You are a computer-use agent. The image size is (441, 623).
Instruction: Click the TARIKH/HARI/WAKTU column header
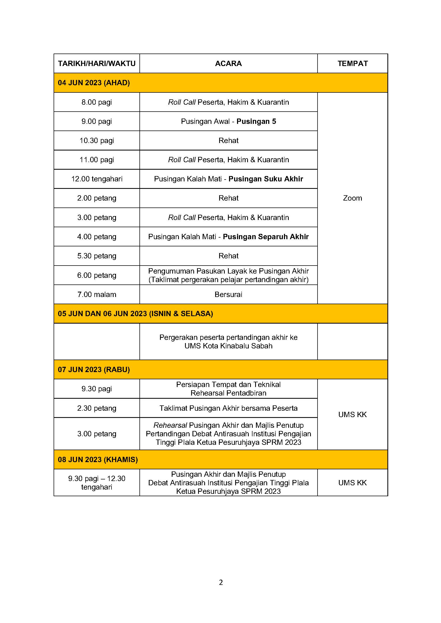click(97, 63)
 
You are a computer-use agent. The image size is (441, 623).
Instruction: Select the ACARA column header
click(228, 63)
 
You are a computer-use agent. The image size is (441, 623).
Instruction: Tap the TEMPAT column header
click(352, 63)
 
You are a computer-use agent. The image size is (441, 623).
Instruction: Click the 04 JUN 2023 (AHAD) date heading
click(94, 83)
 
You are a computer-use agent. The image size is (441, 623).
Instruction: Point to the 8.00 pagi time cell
click(97, 102)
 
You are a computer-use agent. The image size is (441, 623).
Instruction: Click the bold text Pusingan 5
click(256, 121)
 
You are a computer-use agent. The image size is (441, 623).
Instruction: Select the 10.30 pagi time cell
click(97, 141)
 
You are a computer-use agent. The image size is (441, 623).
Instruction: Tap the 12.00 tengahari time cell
click(97, 179)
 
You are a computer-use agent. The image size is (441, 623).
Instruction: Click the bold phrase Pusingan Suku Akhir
click(266, 179)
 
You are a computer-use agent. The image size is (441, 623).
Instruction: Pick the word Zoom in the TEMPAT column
click(352, 198)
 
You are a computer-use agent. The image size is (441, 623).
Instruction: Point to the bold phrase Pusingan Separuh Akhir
click(266, 237)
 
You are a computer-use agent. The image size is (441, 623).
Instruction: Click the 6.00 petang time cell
click(97, 275)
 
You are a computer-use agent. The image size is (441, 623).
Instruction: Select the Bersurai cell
click(228, 294)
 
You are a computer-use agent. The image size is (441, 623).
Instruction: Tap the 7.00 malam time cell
click(97, 294)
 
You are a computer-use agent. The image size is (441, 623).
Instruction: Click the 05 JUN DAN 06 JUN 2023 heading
click(135, 314)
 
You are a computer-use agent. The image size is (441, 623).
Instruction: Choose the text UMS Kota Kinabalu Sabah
click(228, 346)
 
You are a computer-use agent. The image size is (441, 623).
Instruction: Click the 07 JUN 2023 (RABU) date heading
click(94, 370)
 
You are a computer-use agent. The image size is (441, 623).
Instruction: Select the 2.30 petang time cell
click(97, 408)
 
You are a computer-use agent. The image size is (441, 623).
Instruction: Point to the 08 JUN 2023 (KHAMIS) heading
click(98, 459)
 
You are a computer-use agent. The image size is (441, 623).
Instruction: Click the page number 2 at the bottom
click(221, 582)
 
